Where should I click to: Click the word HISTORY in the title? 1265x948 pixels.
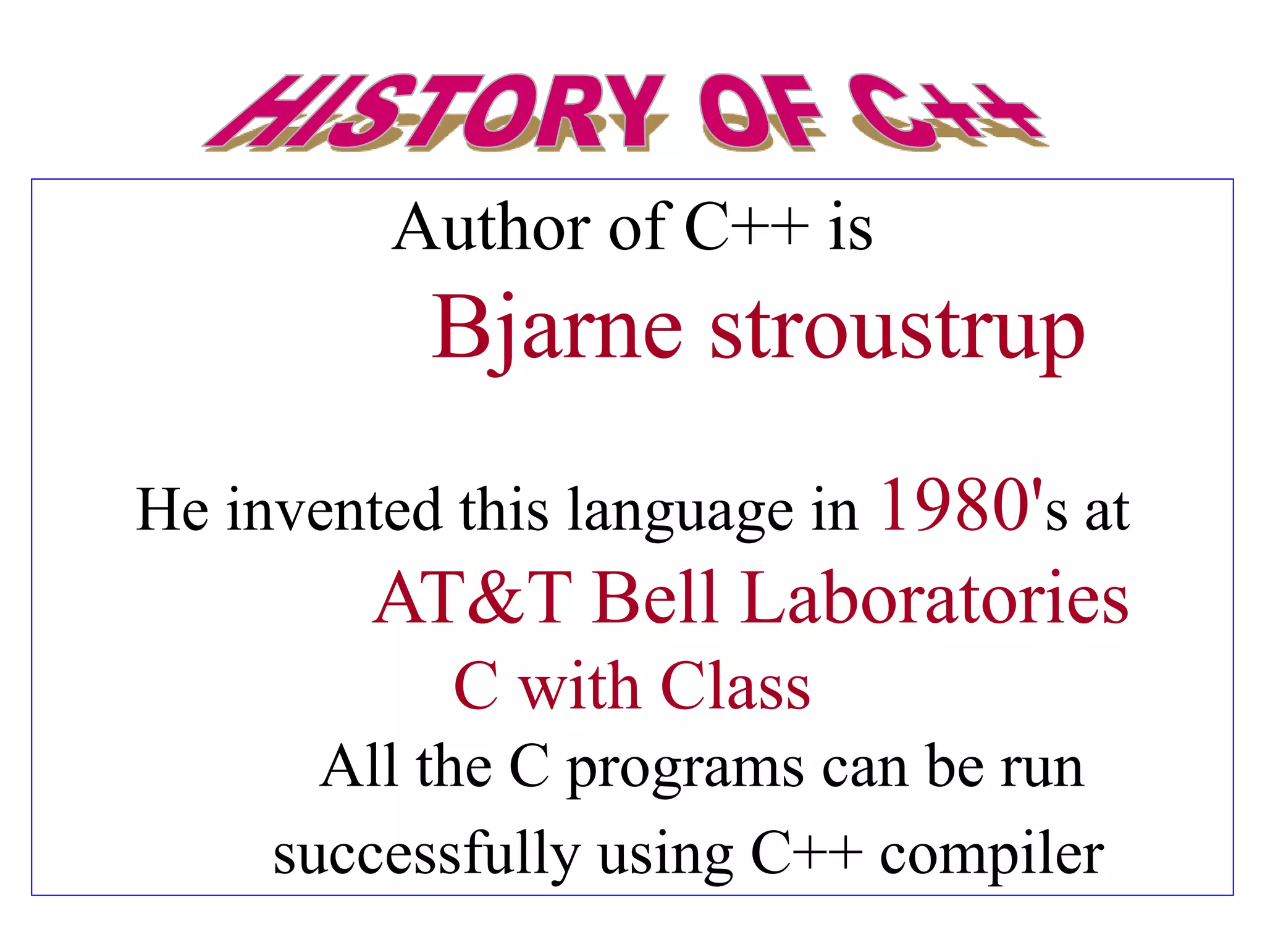pos(432,112)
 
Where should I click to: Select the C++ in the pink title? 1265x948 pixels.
pos(945,112)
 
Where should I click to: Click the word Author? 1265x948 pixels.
pos(491,228)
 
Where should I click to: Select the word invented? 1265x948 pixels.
pos(334,510)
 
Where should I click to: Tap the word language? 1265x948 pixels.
pos(680,512)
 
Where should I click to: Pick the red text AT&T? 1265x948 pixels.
pos(473,597)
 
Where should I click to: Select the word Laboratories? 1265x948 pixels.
pos(935,597)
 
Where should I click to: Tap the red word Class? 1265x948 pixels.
pos(735,686)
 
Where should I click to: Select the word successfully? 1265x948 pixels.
pos(426,855)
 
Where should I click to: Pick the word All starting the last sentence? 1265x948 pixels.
pos(358,767)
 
